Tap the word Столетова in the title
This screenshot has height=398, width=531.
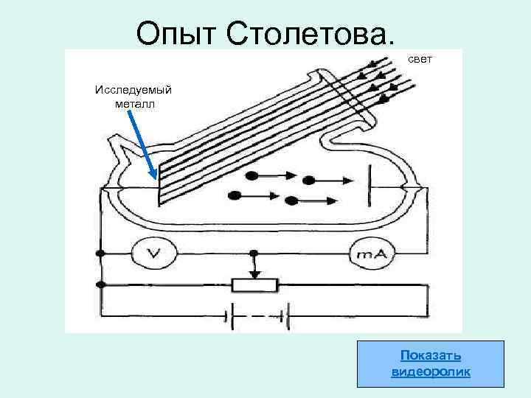311,32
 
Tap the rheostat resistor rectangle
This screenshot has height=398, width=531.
254,284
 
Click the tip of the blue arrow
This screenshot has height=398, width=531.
153,178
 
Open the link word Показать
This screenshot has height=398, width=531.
431,355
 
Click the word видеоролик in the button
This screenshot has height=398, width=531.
431,371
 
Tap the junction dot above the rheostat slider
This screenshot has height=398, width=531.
254,254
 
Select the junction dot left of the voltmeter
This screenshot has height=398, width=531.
100,254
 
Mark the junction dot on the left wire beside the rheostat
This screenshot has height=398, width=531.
100,285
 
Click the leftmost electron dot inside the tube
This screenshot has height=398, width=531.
235,195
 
